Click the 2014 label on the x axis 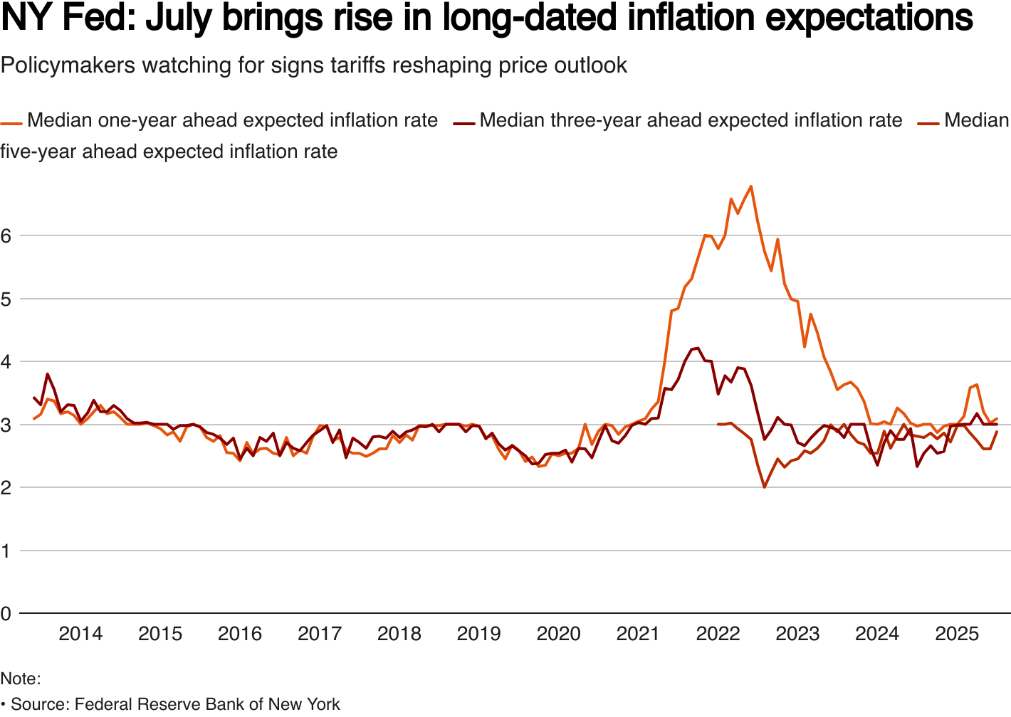coord(80,633)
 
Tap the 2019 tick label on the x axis coord(478,633)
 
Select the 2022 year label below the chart coord(718,633)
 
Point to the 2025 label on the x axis coord(957,633)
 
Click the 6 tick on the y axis coord(6,235)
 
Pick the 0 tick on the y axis coord(6,613)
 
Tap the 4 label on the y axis coord(6,361)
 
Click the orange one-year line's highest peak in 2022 coord(751,186)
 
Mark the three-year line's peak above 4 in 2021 coord(698,348)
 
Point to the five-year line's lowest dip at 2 coord(765,487)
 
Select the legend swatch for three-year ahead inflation coord(464,122)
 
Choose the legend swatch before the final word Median coord(928,122)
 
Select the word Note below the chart coord(19,679)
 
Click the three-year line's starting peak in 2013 coord(48,373)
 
